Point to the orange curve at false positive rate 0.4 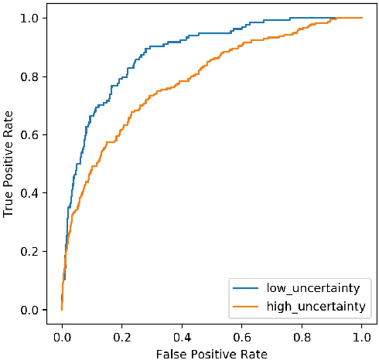click(x=182, y=80)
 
